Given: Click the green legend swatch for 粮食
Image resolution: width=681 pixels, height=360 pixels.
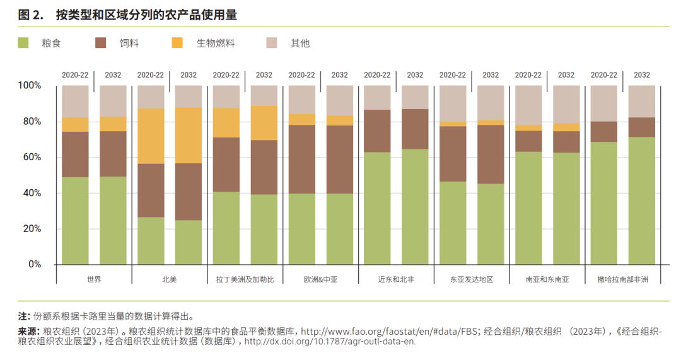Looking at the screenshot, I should tap(23, 43).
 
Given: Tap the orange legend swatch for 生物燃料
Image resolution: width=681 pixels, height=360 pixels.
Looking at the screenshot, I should tap(177, 43).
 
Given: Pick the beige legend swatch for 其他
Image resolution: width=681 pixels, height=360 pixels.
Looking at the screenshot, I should tap(272, 43).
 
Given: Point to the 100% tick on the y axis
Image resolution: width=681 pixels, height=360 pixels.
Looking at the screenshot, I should tap(29, 85).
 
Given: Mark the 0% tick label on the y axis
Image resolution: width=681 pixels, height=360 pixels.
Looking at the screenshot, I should tap(34, 264).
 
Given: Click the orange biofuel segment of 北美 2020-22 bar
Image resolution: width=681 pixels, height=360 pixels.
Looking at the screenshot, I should tap(151, 136).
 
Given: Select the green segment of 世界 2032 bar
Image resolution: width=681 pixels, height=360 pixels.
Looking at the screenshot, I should tap(113, 220).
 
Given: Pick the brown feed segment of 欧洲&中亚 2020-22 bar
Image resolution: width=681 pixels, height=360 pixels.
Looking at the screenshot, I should tap(301, 159).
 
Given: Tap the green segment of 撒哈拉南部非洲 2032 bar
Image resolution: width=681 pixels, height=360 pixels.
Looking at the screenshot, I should tap(641, 200).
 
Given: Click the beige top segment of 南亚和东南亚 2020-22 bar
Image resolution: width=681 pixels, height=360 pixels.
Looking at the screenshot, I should tap(528, 105).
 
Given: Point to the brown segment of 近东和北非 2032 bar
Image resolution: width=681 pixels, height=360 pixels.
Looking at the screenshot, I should tap(415, 129).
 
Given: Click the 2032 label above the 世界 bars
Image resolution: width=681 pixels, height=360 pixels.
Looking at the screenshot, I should tap(113, 74).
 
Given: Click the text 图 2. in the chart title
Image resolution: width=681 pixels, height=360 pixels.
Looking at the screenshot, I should tap(30, 15).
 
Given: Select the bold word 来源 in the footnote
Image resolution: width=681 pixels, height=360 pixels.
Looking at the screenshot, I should tap(28, 331).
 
